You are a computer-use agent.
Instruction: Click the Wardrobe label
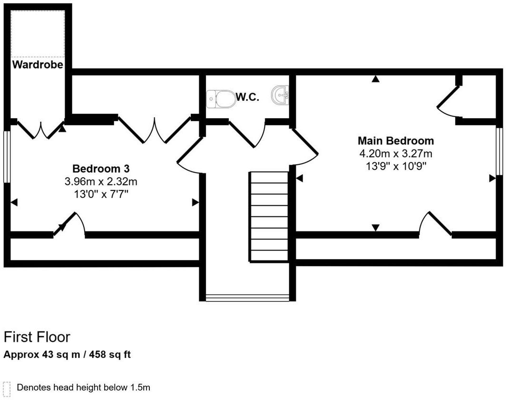pos(38,65)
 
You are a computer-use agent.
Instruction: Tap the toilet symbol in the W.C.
pos(221,99)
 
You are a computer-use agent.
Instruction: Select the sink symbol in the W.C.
pos(280,95)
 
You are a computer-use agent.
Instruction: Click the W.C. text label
pos(247,97)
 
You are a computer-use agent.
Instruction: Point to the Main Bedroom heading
pos(395,141)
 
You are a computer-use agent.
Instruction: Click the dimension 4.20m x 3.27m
pos(395,153)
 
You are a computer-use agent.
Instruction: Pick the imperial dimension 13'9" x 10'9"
pos(395,166)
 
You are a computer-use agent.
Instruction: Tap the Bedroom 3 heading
pos(101,169)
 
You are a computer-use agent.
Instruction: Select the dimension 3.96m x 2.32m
pos(101,181)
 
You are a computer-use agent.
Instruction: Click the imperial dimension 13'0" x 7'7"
pos(101,194)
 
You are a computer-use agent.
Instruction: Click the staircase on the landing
pos(269,217)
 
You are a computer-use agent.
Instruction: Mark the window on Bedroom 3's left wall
pos(7,157)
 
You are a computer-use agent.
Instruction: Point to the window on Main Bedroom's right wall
pos(499,151)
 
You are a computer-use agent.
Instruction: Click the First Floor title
pos(37,337)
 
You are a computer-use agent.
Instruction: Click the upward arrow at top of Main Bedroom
pos(376,79)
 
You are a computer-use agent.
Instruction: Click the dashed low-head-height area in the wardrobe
pos(38,33)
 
